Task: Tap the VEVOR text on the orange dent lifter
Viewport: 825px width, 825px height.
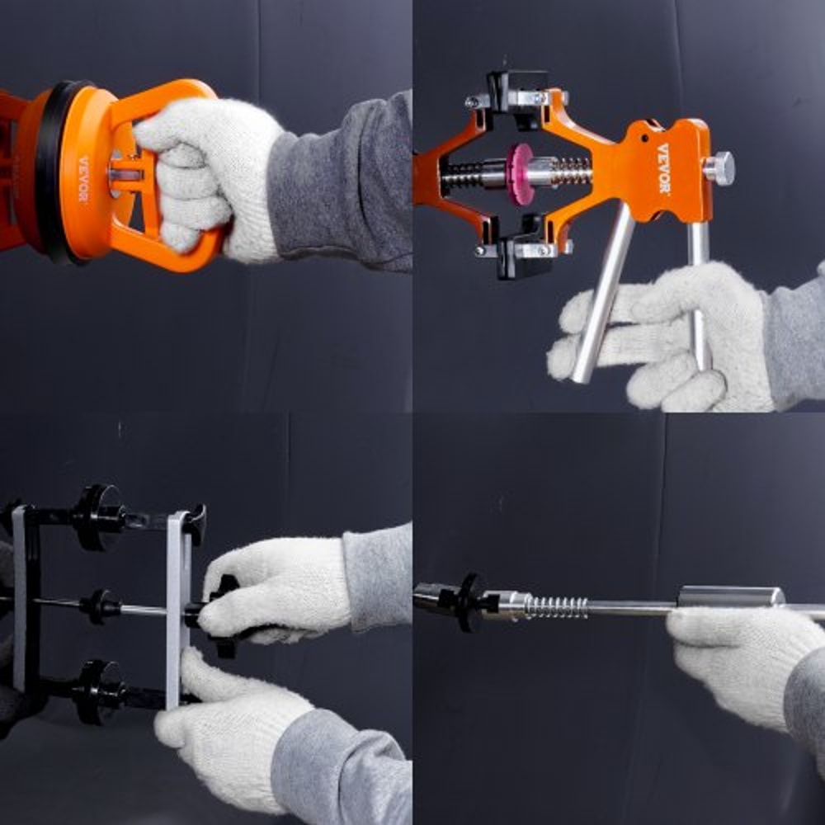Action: click(663, 168)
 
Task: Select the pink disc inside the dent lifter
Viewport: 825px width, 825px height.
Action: click(520, 173)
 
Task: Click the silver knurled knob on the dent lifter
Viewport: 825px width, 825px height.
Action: click(719, 168)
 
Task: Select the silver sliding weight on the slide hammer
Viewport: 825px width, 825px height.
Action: click(730, 596)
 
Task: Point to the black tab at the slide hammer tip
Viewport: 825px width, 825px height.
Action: click(471, 602)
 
